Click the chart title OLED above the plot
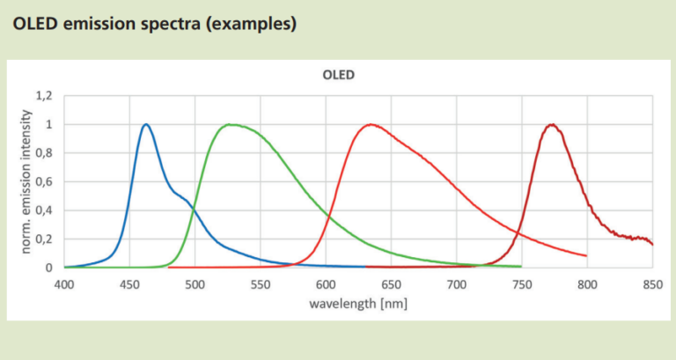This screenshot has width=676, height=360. click(338, 75)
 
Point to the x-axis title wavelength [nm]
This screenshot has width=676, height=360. click(357, 303)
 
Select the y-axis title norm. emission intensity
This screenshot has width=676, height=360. click(26, 180)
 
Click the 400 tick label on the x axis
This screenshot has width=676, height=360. click(64, 284)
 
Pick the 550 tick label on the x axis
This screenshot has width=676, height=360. click(261, 284)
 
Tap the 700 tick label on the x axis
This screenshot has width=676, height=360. click(457, 284)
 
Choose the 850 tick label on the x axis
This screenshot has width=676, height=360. click(652, 284)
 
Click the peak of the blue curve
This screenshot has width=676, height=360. click(146, 124)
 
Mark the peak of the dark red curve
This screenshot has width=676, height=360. click(552, 124)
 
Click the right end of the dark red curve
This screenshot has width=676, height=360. click(652, 244)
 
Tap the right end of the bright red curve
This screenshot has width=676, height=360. click(586, 255)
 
